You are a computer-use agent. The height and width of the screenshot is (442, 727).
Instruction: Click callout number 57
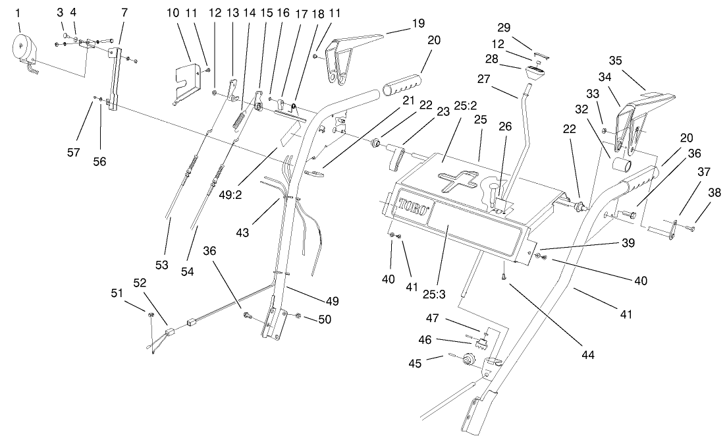tap(73, 152)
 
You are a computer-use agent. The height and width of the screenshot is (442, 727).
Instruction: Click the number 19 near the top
tap(418, 22)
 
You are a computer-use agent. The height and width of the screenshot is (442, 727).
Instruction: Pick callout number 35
tap(616, 61)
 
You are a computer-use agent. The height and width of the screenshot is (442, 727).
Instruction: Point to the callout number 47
tap(431, 318)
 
